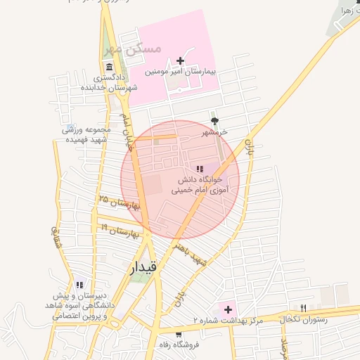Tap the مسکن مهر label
(x=133, y=49)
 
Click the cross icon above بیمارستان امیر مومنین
(x=181, y=61)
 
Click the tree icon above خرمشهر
(x=214, y=120)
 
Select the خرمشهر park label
(x=216, y=132)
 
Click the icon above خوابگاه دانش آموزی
(x=200, y=169)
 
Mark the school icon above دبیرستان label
(x=79, y=285)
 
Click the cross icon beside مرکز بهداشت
(x=228, y=309)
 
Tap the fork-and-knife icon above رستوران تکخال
(x=304, y=307)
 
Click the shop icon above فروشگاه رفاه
(x=179, y=334)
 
